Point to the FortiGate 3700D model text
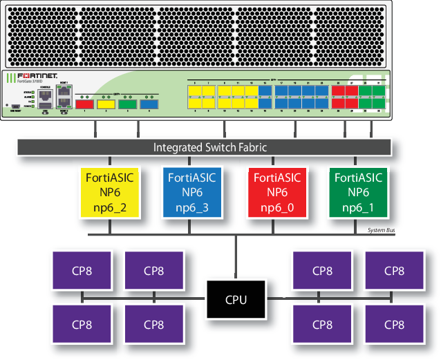point(26,82)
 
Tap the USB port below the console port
point(45,108)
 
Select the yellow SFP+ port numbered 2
point(106,104)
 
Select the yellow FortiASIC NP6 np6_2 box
point(109,193)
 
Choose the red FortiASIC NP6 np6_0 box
point(276,193)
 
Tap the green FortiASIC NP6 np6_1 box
point(358,193)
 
